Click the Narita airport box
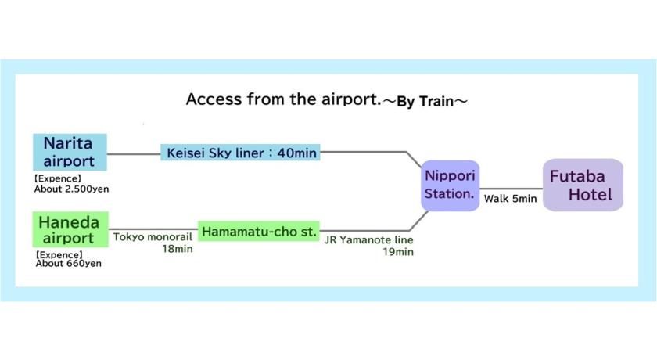tap(70, 152)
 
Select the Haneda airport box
tap(70, 229)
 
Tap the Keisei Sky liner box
tap(241, 153)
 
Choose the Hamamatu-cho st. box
tap(259, 231)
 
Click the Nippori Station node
tap(450, 185)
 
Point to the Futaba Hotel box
tap(583, 185)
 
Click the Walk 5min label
tap(510, 199)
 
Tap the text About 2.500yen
tap(72, 189)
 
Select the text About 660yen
tap(68, 264)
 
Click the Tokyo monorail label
tap(153, 237)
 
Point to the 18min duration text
tap(178, 249)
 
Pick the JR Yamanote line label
tap(368, 239)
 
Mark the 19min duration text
tap(398, 252)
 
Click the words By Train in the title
tap(425, 102)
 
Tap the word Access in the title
tap(214, 99)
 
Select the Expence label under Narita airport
tap(57, 178)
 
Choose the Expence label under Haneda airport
tap(59, 254)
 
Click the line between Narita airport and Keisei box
tap(134, 154)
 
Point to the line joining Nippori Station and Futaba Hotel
tap(512, 189)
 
